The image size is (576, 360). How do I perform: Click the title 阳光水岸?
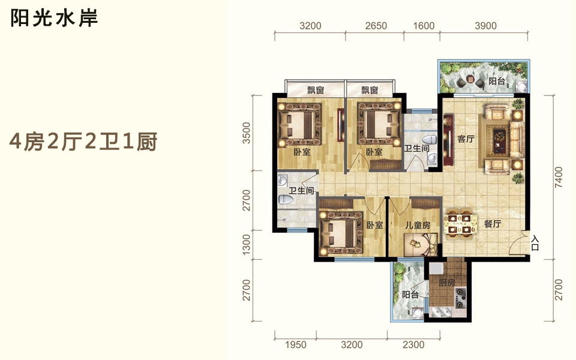coord(54,18)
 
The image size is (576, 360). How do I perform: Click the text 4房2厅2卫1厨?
coord(83,142)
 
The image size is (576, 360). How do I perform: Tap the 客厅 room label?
coord(466,139)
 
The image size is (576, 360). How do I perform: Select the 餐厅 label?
coord(492,224)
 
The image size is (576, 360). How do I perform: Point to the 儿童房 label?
coord(418,225)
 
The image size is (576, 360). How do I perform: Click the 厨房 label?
coord(446,283)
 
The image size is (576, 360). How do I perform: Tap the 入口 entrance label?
coord(535,243)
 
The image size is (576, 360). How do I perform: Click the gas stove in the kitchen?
coord(461,298)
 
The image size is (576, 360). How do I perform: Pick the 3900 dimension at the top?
coord(485,26)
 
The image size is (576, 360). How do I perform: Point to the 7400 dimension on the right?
coord(559,177)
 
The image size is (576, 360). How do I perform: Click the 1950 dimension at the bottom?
coord(296,344)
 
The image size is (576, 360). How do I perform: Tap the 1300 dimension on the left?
coord(247,245)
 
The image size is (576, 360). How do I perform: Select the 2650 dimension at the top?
coord(376,26)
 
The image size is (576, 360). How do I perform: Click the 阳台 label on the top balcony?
coord(497,81)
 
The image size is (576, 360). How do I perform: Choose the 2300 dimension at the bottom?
coord(413,344)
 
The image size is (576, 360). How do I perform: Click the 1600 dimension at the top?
coord(424,26)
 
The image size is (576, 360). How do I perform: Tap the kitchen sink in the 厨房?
coord(441,311)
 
